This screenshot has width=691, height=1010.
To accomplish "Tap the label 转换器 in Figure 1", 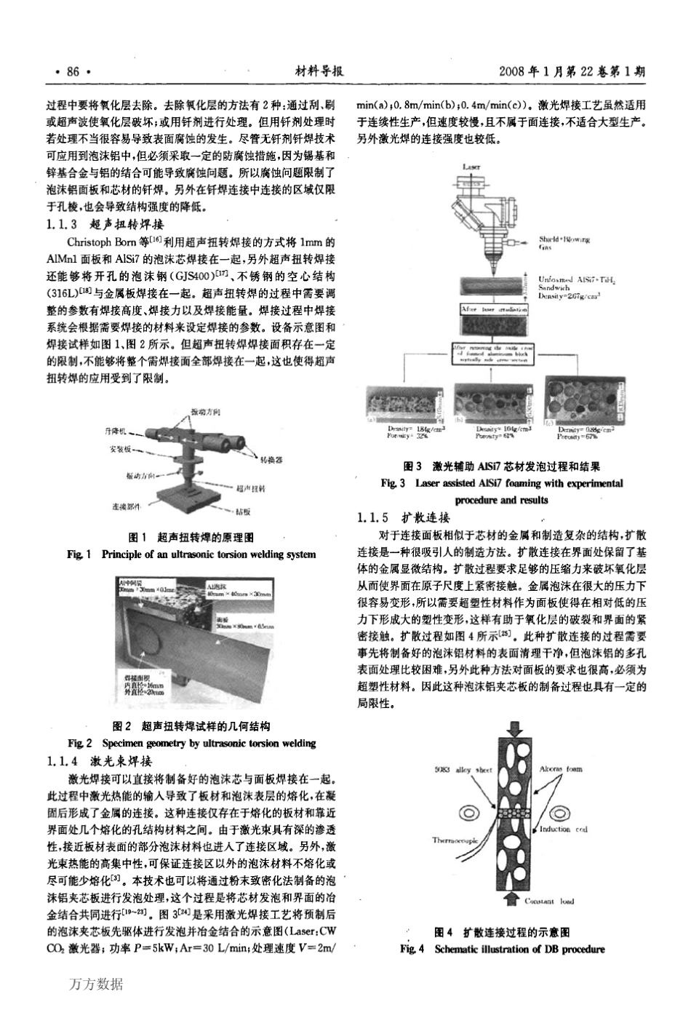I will pyautogui.click(x=271, y=461).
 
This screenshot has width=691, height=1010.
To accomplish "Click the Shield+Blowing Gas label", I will pyautogui.click(x=564, y=242).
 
